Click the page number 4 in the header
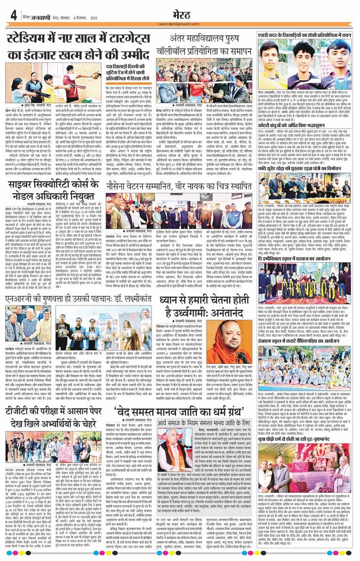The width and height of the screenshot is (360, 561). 12,15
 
